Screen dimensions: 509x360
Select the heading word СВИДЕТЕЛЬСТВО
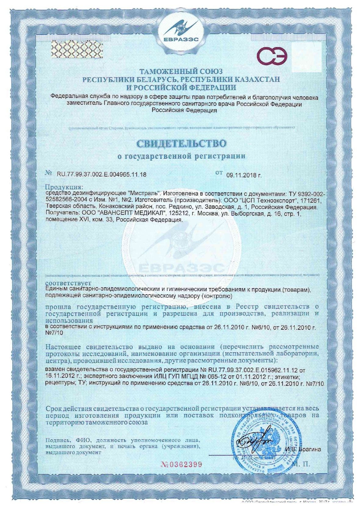coord(181,144)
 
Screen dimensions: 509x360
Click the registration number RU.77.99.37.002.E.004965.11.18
coord(101,175)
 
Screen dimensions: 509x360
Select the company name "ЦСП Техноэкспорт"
coord(269,200)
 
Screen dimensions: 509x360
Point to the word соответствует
coord(68,283)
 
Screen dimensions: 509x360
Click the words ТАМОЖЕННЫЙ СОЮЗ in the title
coord(181,72)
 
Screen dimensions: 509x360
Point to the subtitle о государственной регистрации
coord(181,156)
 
